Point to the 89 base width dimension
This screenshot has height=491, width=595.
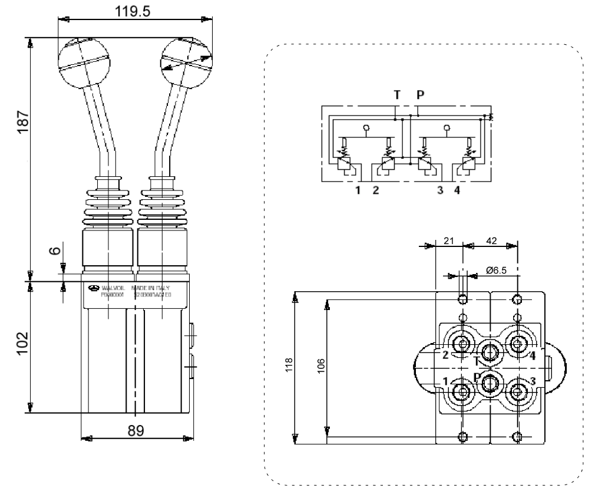coord(137,429)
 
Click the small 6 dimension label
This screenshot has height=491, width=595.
coord(54,251)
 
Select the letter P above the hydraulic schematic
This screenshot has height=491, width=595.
coord(419,94)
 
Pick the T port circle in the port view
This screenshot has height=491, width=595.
coord(490,352)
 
